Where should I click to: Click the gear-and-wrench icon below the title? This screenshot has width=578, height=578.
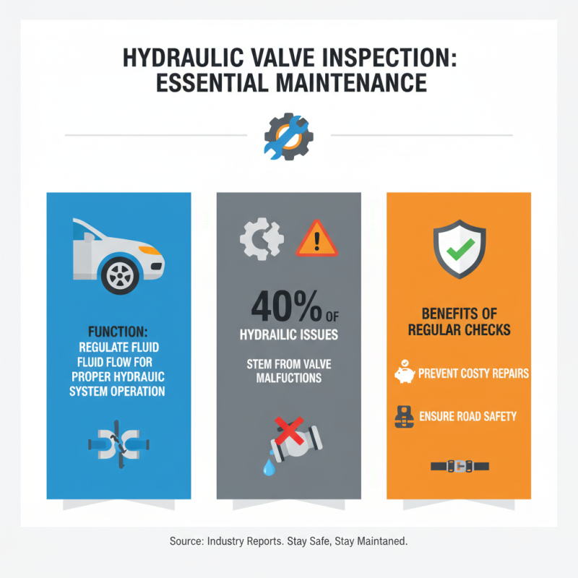point(288,135)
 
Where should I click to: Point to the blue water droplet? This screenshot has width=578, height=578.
point(269,467)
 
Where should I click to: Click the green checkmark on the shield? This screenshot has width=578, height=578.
point(458,251)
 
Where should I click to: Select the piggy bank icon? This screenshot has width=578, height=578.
point(404,374)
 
